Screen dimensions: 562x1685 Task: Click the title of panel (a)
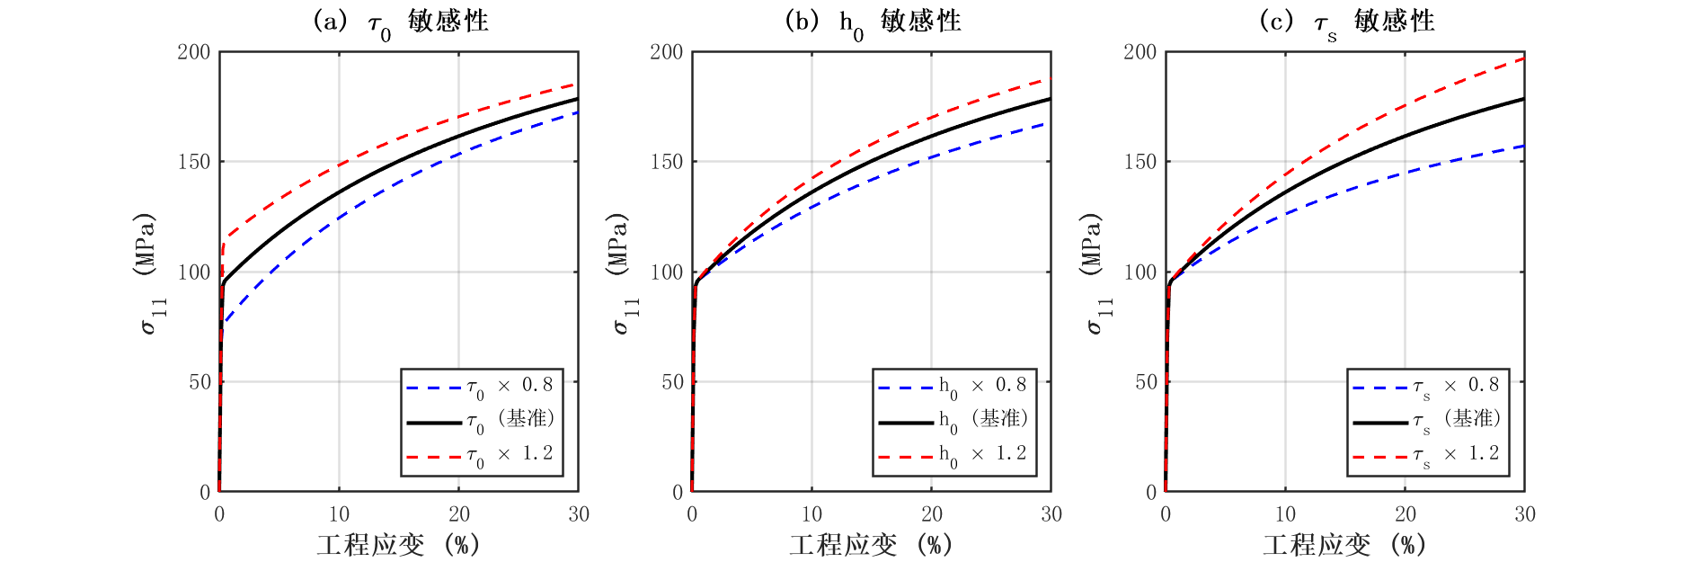[400, 22]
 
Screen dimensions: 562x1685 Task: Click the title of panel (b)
[873, 22]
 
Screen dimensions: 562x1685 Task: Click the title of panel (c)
[1346, 22]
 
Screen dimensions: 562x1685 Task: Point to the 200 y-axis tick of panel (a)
[194, 52]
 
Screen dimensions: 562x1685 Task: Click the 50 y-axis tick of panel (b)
[672, 382]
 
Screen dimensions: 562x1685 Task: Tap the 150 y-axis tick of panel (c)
[1140, 162]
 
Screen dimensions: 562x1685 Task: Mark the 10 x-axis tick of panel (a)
[339, 514]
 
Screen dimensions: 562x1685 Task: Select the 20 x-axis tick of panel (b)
[932, 514]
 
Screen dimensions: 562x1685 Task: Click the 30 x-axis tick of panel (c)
[1525, 514]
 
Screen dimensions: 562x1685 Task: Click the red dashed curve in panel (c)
[1406, 107]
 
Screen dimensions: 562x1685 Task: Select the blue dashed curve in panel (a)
[339, 217]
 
